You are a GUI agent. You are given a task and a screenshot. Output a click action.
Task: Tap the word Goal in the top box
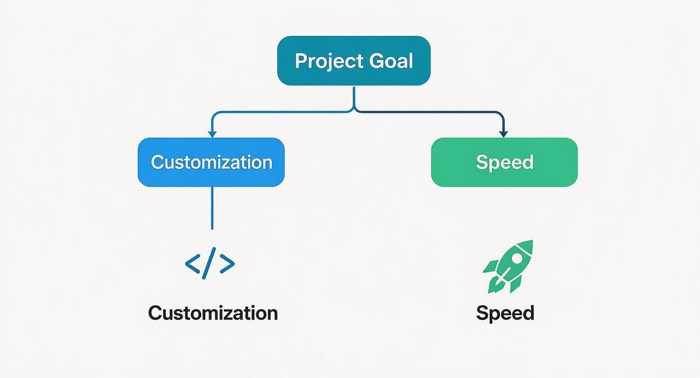click(x=391, y=61)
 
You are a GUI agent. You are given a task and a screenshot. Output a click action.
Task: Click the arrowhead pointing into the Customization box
click(x=212, y=134)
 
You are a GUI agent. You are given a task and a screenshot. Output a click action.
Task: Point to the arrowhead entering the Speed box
click(x=503, y=134)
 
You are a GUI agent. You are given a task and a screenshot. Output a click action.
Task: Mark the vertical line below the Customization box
click(x=212, y=208)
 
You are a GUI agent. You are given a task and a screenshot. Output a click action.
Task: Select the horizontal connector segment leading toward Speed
click(x=427, y=112)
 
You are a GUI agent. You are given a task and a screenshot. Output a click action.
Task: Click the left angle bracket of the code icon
click(x=193, y=263)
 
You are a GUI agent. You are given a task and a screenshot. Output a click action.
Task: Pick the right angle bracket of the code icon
click(x=227, y=263)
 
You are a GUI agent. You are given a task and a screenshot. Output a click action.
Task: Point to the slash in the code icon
click(x=210, y=263)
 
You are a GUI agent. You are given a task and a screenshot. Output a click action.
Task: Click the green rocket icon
click(x=508, y=266)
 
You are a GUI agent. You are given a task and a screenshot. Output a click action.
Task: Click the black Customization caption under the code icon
click(x=213, y=313)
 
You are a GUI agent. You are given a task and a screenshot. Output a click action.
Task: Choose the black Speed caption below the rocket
click(x=505, y=313)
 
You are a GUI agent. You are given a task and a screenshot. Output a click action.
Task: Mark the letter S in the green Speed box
click(x=481, y=162)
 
